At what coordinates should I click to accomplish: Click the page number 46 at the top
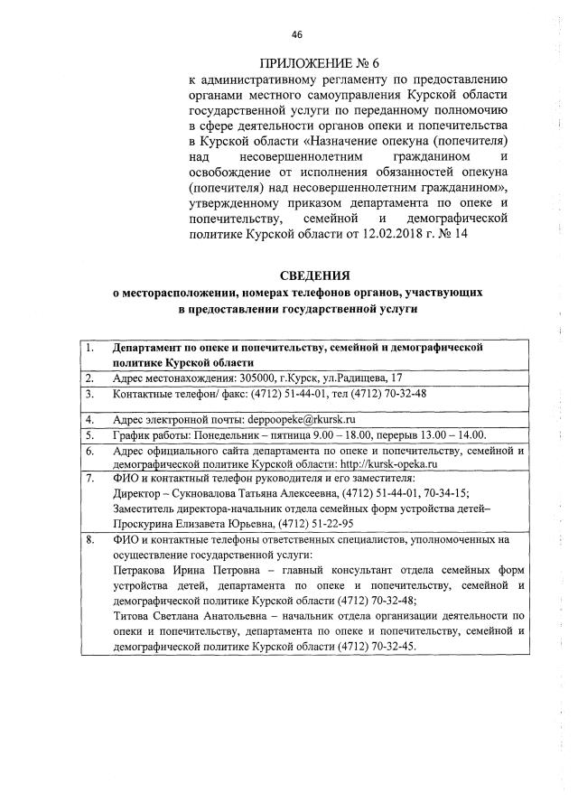(x=296, y=35)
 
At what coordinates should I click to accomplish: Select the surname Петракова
(x=145, y=571)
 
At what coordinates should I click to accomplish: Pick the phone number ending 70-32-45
(x=389, y=647)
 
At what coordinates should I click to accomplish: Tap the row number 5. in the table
(x=89, y=434)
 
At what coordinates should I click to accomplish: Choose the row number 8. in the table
(x=89, y=540)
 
